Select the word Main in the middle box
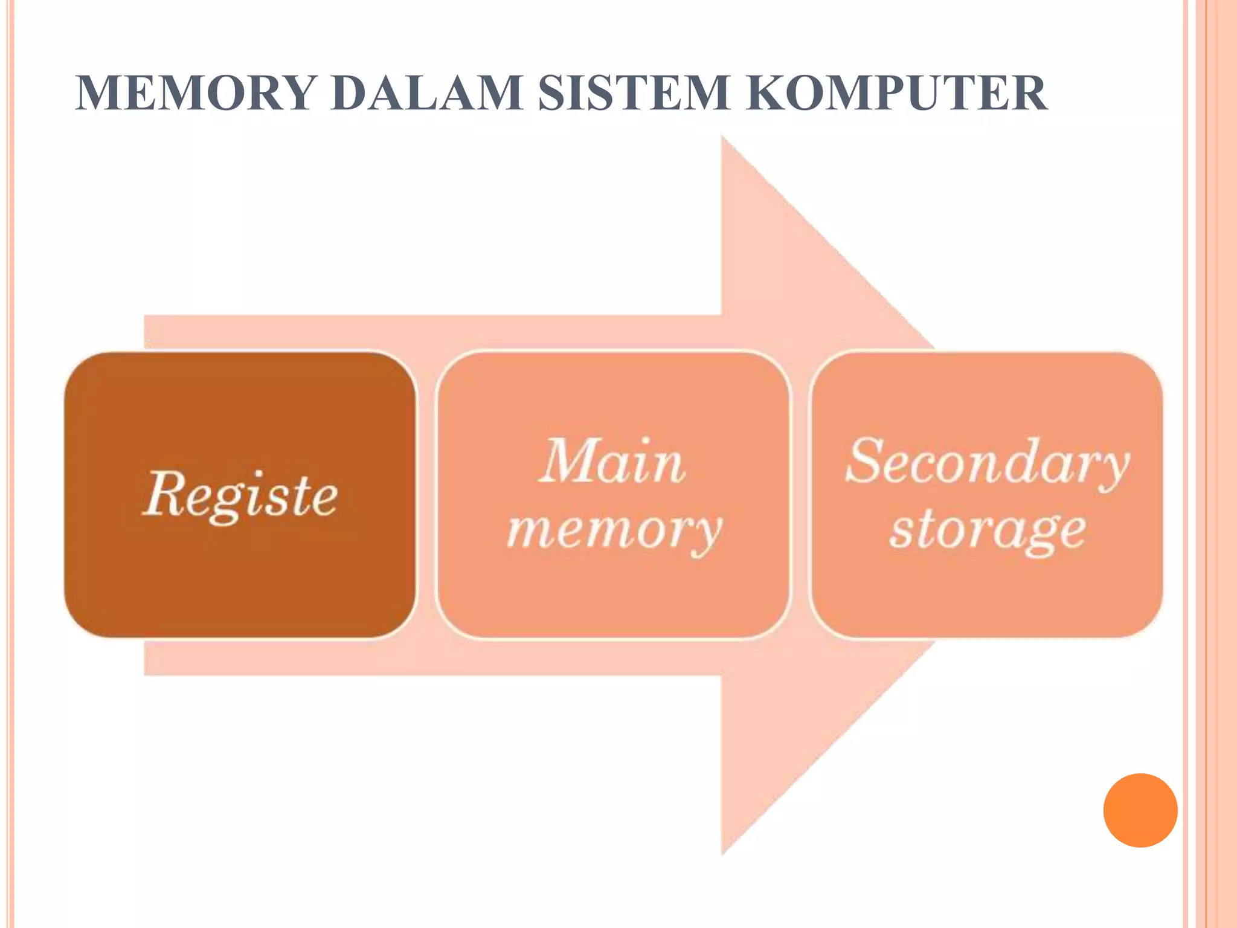coord(612,462)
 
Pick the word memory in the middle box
coord(614,529)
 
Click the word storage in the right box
coord(986,530)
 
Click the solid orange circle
coord(1140,810)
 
